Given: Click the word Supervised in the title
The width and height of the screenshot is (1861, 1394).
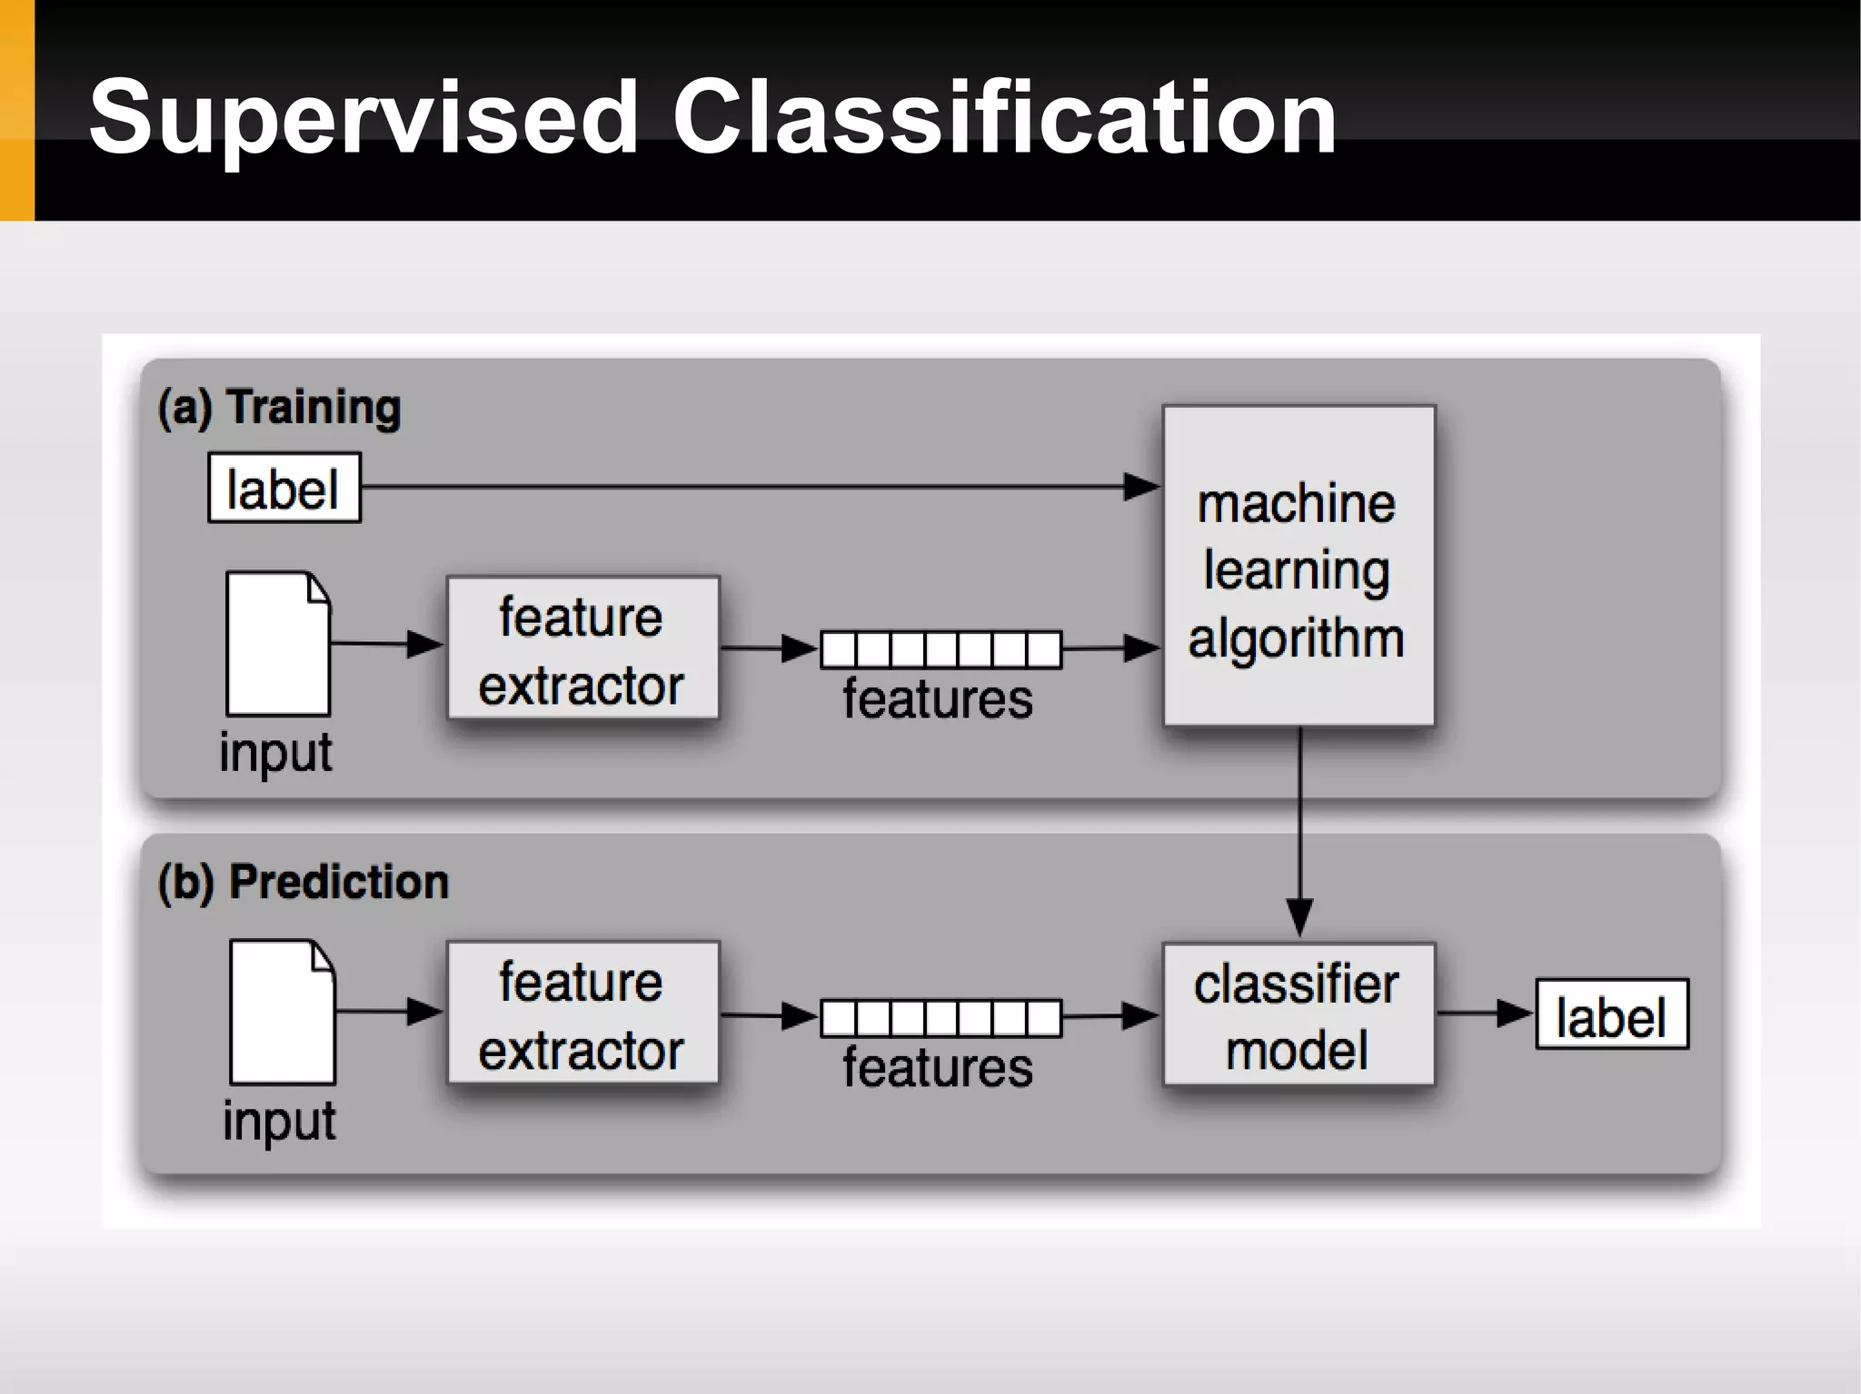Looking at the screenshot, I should coord(363,118).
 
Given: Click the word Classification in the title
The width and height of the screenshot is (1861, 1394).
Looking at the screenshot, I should coord(1004,118).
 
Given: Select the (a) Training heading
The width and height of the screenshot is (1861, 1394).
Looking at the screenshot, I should coord(279,406).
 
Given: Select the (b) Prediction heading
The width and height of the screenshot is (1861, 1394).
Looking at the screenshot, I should coord(303,882).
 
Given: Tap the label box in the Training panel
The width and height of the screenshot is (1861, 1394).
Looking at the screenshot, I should coord(284,488).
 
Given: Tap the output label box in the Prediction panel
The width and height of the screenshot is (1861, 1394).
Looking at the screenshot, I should coord(1611,1014).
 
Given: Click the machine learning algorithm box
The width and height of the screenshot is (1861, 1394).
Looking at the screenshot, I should coord(1299,566).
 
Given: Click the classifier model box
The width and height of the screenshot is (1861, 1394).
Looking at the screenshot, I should coord(1299,1014).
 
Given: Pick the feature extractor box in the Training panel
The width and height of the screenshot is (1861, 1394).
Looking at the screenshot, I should coord(582,648).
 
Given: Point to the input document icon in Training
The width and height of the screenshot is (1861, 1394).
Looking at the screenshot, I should coord(278,644).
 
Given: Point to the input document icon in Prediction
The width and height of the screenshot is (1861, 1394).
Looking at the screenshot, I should coord(283,1012).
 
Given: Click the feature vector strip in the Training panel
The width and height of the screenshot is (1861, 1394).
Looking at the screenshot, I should coord(940,649).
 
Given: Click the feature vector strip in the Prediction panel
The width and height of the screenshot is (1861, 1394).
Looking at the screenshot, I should coord(940,1018).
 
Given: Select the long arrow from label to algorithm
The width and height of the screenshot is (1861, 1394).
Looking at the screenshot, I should coord(754,487).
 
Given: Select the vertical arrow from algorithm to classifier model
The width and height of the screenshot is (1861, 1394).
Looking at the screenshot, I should coord(1300,826).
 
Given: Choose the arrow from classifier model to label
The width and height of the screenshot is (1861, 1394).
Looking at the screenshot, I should coord(1483,1013).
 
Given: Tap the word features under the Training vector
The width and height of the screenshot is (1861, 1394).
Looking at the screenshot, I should coord(937,699).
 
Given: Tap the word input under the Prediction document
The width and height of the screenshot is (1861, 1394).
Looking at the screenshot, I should coord(279,1122).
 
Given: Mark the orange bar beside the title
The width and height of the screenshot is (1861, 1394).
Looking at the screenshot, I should coord(16,110).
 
